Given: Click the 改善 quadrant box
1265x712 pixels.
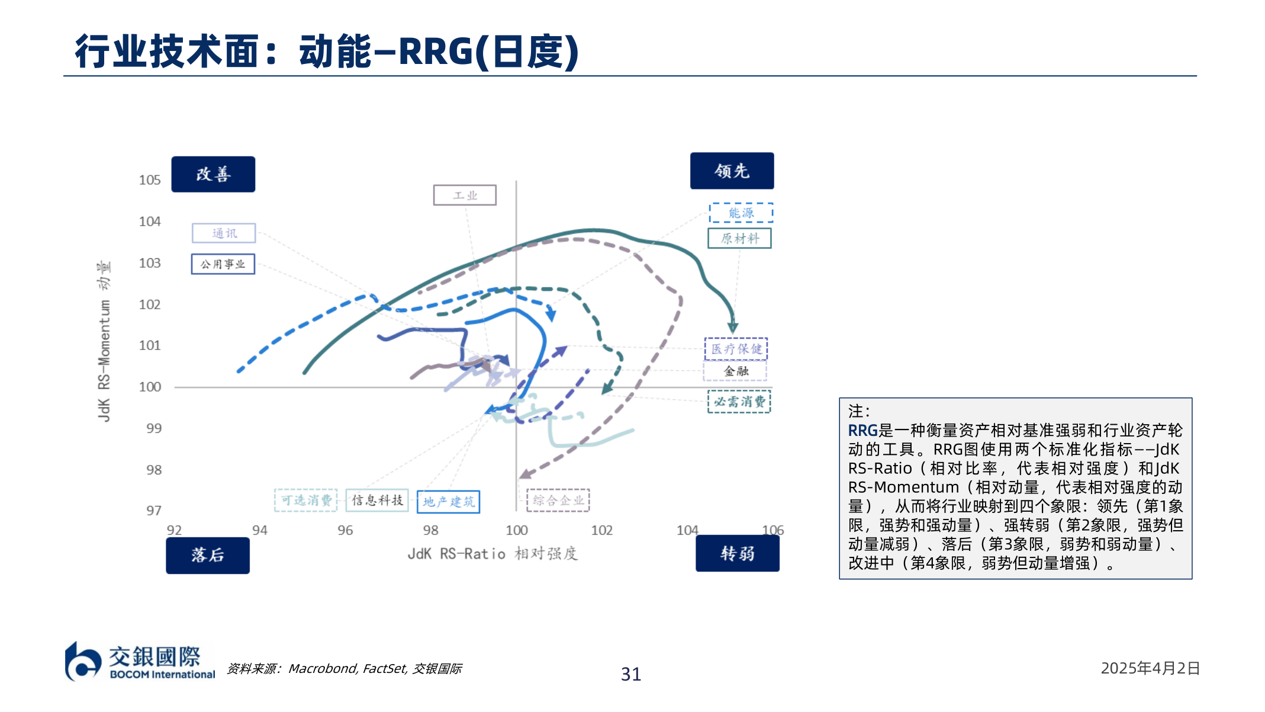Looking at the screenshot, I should [213, 174].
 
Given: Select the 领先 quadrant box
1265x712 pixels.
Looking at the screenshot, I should [732, 171].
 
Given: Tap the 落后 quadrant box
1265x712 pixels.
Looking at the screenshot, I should [207, 555].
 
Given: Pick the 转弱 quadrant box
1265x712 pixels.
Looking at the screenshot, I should [737, 553].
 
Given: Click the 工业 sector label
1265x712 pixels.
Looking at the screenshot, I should [465, 195].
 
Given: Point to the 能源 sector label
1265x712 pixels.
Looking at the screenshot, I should [741, 213].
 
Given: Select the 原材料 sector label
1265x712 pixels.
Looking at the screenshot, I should [739, 239].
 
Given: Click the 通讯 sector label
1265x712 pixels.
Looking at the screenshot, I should [224, 233].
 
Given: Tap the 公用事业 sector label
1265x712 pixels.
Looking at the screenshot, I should [223, 264].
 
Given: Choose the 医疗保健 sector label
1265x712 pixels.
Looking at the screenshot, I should [736, 349].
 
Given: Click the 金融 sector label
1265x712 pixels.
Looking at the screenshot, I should [735, 371].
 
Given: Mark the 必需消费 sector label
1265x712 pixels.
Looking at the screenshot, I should [739, 402].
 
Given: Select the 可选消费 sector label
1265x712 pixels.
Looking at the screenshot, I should [305, 501].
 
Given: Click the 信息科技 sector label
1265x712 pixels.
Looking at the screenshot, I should [377, 501].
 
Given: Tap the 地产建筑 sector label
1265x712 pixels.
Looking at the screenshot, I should [448, 502].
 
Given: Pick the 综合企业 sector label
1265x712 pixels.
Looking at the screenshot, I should [558, 501].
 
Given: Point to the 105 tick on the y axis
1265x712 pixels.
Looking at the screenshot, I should [150, 180].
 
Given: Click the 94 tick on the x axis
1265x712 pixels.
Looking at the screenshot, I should [259, 530].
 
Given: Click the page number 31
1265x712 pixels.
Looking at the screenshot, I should [630, 674].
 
